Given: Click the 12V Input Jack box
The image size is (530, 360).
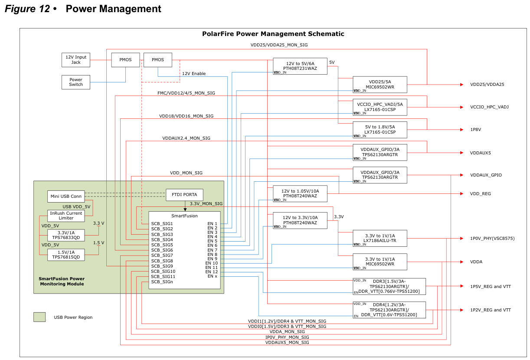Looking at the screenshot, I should [76, 60].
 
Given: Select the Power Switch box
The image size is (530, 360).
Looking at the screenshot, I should [76, 82].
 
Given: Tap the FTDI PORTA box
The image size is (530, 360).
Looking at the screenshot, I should [184, 195].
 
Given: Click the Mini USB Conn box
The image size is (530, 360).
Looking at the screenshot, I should [66, 196].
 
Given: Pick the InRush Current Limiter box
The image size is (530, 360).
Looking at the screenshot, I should [66, 216].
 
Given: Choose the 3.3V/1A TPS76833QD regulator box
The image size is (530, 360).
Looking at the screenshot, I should [66, 235].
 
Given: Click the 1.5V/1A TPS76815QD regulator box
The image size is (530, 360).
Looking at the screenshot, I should [66, 255].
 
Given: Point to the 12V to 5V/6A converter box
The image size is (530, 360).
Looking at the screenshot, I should [300, 66].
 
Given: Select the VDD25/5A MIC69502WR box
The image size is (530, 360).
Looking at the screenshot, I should [380, 84].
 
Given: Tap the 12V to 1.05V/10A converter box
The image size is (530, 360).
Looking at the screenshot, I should [300, 193].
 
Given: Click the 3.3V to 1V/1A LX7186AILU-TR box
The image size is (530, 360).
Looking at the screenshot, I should [380, 238].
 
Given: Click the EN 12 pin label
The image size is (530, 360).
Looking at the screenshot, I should [212, 272].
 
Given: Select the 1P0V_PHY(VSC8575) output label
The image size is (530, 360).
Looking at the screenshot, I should [492, 239].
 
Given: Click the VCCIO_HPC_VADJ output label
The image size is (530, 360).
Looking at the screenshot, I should [489, 107].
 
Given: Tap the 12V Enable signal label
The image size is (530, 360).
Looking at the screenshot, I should [194, 74].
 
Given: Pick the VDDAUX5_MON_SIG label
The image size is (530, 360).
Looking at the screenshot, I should [287, 343].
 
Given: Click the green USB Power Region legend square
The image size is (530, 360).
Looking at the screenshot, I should [39, 317].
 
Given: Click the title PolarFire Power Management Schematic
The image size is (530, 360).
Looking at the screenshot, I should [273, 34].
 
